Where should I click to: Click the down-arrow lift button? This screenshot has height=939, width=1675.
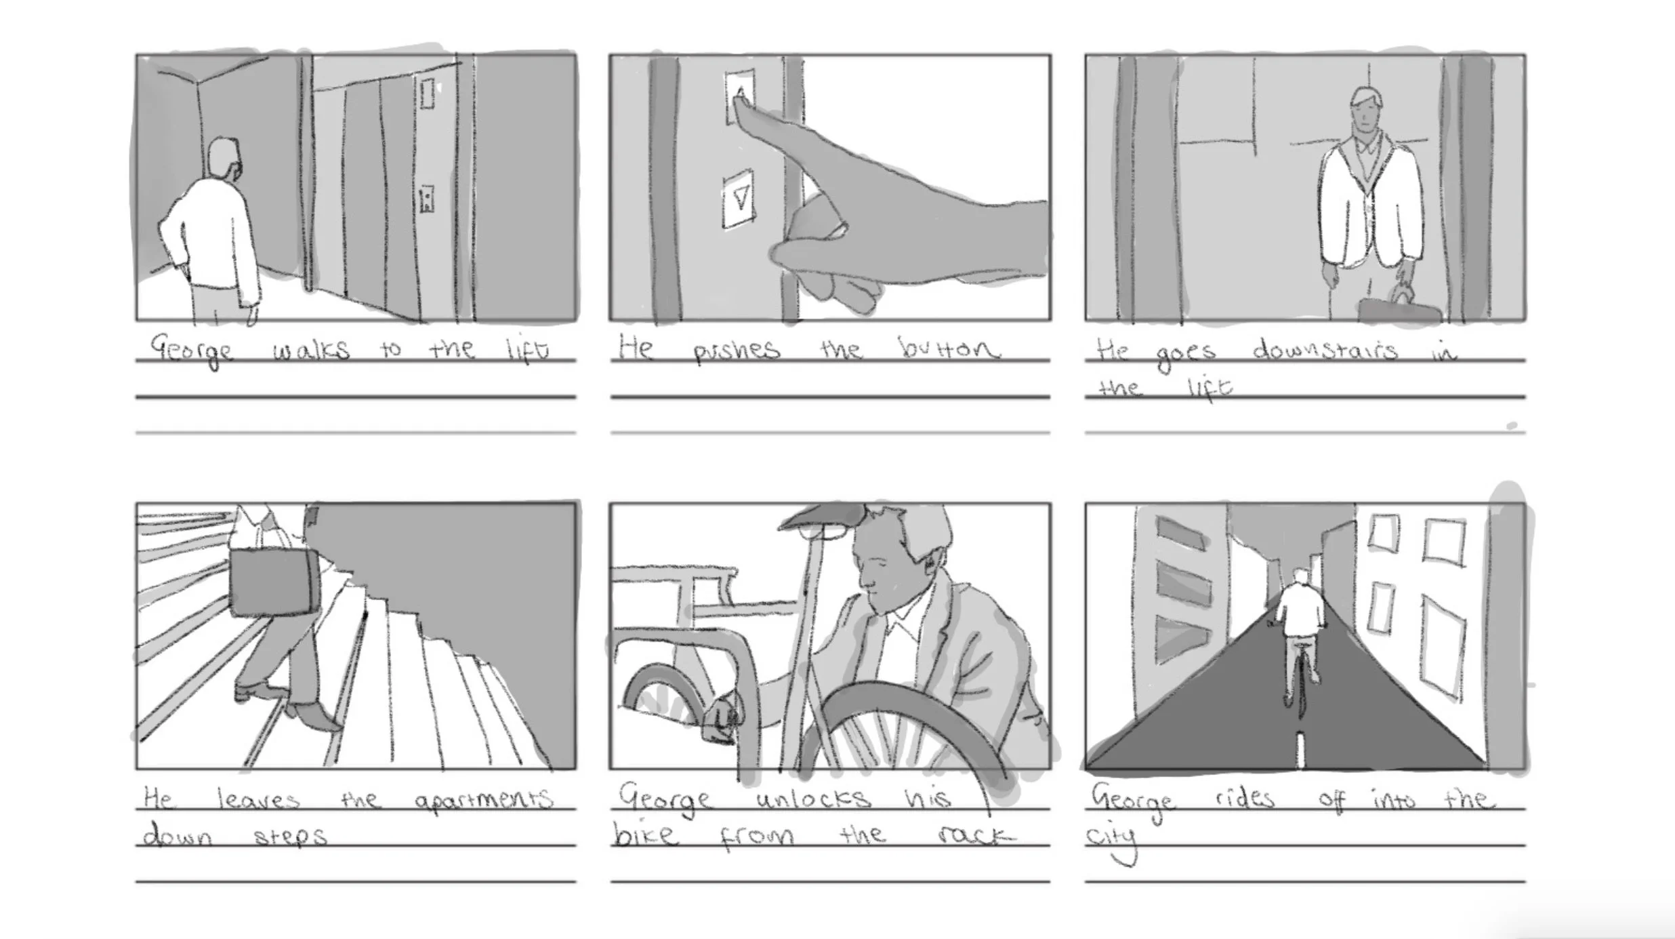[x=739, y=199]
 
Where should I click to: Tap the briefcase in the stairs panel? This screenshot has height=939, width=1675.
[x=274, y=582]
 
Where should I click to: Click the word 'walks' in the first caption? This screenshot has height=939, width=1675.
[x=311, y=350]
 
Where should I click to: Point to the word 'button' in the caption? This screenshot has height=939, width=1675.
[x=949, y=348]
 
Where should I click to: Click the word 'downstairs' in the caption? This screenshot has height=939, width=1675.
[x=1324, y=350]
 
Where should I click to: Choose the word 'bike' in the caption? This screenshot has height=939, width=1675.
[x=644, y=834]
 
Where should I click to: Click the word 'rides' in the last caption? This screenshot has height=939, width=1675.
[x=1244, y=798]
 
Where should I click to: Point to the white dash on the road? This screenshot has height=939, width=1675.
[x=1300, y=749]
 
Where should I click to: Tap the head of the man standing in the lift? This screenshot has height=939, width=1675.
[x=1365, y=112]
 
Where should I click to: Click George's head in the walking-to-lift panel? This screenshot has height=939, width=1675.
[x=224, y=159]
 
